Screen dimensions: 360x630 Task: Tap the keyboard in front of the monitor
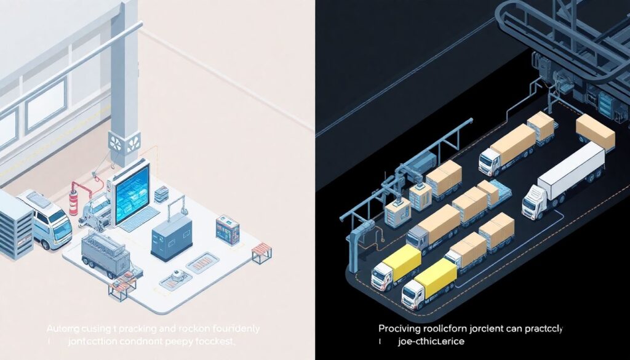139,219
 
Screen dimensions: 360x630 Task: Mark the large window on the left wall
46,104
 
